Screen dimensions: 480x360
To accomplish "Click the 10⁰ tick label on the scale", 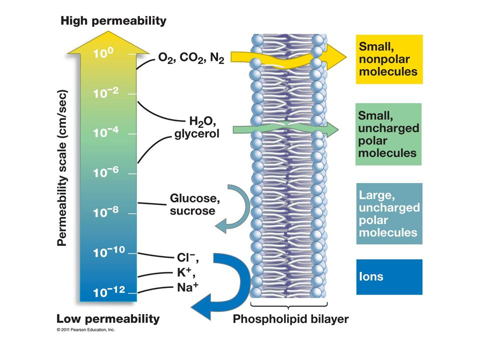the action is [103, 53].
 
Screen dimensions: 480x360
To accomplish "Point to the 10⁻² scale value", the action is [106, 93].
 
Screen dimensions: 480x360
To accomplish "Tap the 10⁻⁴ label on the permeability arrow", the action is [106, 132].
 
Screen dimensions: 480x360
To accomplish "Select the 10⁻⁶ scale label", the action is [106, 172].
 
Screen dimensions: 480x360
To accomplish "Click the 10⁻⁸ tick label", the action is [106, 212].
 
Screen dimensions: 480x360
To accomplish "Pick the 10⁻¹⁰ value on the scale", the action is [109, 252].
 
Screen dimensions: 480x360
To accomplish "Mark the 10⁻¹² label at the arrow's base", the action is [109, 291].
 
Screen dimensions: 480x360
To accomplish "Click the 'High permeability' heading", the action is [113, 21].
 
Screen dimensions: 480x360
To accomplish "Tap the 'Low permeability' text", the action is [108, 318].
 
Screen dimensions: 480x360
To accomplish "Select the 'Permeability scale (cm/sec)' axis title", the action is [62, 168].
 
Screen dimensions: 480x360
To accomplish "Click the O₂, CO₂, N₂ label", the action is [191, 57].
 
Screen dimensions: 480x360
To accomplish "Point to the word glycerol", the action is [197, 134].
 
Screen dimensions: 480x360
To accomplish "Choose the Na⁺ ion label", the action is [187, 287].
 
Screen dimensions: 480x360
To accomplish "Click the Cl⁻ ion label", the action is [187, 257].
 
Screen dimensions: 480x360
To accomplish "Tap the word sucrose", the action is [192, 210].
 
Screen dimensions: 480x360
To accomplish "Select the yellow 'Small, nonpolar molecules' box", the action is [389, 59].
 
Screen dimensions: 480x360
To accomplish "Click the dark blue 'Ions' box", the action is [389, 277].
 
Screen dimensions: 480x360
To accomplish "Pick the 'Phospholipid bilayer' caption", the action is [291, 319].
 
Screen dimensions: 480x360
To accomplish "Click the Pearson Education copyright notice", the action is [85, 329].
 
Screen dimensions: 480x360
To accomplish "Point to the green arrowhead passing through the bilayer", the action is [332, 130].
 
